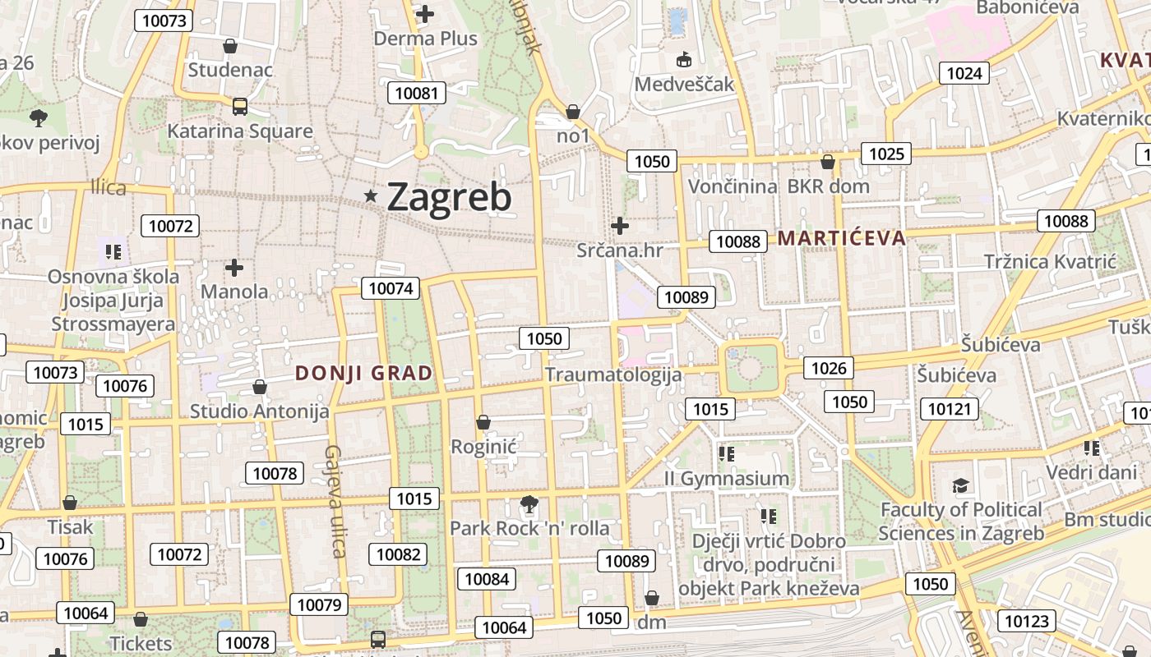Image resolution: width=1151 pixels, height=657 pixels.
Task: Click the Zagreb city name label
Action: pyautogui.click(x=449, y=197)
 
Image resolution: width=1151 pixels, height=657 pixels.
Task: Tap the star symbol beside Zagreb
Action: pyautogui.click(x=372, y=195)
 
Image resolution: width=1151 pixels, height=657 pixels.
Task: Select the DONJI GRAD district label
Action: pyautogui.click(x=363, y=373)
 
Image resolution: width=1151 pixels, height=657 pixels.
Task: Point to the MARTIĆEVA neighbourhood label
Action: pyautogui.click(x=841, y=238)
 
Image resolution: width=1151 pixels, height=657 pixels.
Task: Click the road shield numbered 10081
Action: pyautogui.click(x=417, y=93)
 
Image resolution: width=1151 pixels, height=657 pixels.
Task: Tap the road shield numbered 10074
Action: pyautogui.click(x=391, y=287)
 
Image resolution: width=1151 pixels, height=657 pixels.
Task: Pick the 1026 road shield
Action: pyautogui.click(x=828, y=368)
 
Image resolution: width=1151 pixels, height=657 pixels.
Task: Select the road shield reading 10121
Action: pyautogui.click(x=949, y=409)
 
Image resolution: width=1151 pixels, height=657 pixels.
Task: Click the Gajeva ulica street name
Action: pyautogui.click(x=335, y=501)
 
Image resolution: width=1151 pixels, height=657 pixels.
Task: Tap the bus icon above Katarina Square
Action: pyautogui.click(x=239, y=106)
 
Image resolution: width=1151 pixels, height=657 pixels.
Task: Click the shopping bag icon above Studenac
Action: pyautogui.click(x=230, y=46)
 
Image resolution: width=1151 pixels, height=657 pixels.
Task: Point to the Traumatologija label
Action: pyautogui.click(x=613, y=375)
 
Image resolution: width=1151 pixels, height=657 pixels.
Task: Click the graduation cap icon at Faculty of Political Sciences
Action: pyautogui.click(x=960, y=486)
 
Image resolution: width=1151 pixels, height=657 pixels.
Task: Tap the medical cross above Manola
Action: pyautogui.click(x=234, y=267)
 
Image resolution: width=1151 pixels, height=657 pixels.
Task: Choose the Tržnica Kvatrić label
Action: pyautogui.click(x=1050, y=261)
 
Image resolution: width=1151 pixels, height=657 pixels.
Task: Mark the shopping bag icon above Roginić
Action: pyautogui.click(x=483, y=422)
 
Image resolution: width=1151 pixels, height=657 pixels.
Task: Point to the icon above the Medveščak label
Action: pyautogui.click(x=683, y=59)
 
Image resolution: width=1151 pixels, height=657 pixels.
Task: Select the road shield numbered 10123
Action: pyautogui.click(x=1027, y=621)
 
